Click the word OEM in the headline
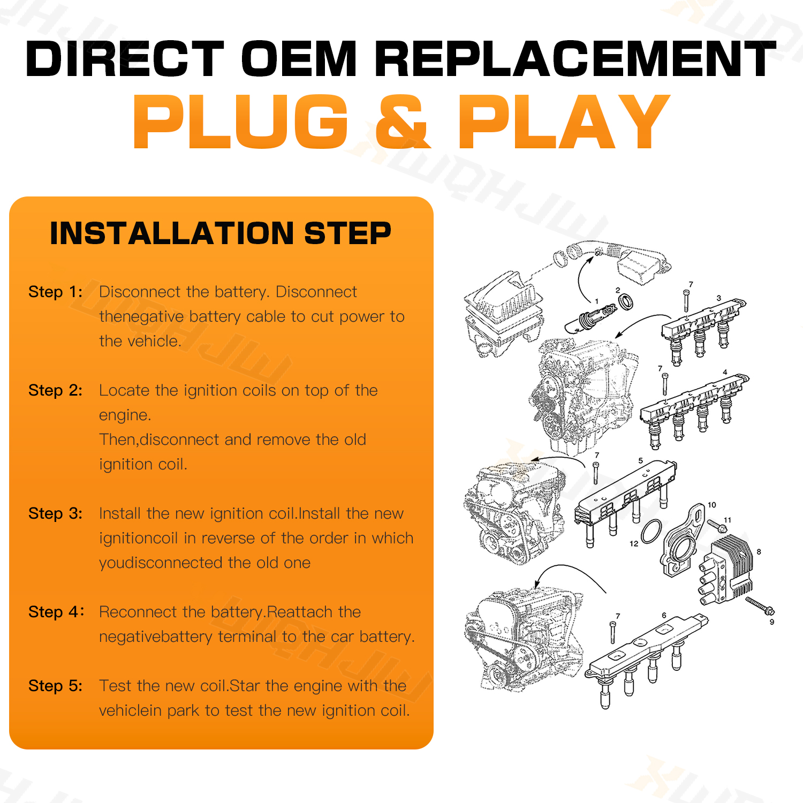point(299,58)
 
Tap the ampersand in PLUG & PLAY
point(403,122)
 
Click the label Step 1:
point(56,292)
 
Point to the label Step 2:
point(56,391)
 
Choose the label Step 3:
point(56,514)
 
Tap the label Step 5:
point(56,686)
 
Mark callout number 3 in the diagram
point(719,298)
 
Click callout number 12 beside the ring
point(634,544)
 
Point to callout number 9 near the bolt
point(772,622)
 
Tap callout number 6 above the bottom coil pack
point(664,616)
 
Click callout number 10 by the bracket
point(712,505)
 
